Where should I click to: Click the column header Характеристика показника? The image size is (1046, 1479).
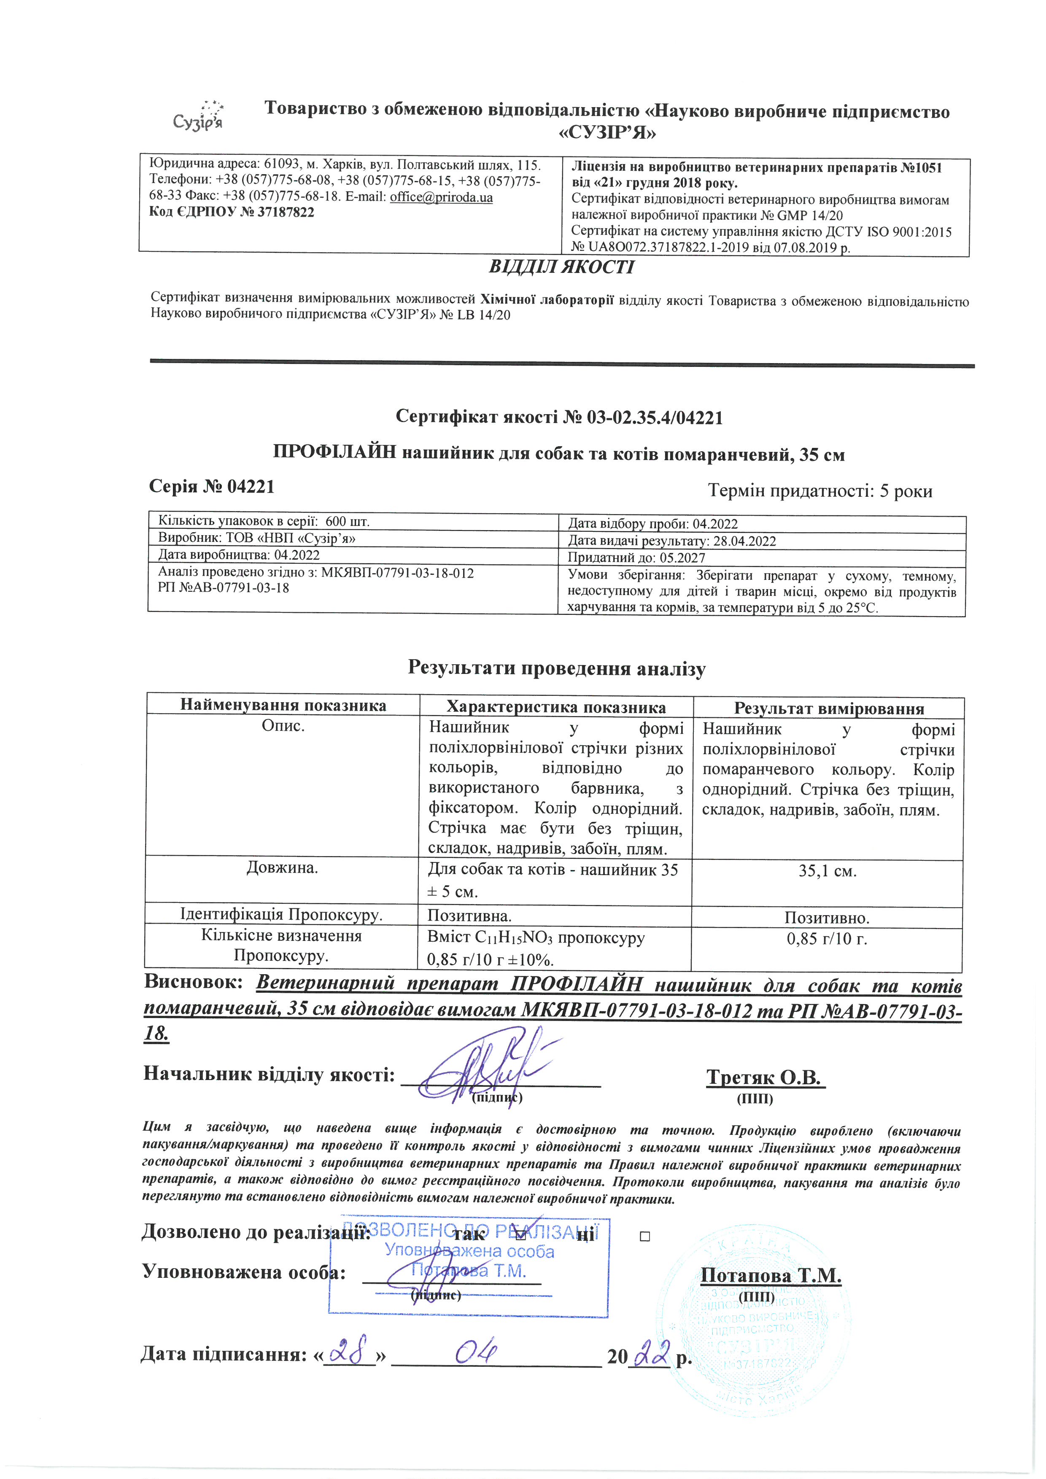coord(556,707)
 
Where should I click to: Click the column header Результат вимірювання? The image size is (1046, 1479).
coord(829,709)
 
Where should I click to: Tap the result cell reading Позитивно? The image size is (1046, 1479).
coord(827,917)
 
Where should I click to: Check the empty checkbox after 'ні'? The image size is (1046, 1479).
coord(645,1236)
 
